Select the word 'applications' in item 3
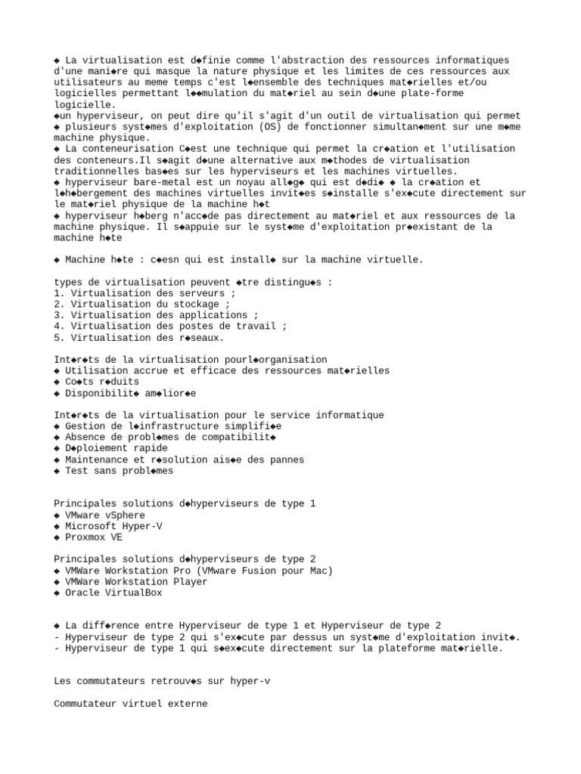(218, 315)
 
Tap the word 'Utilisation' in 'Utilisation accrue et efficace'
(95, 371)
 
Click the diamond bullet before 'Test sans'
(57, 471)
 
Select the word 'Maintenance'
(95, 460)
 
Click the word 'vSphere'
(126, 515)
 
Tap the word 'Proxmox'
(85, 537)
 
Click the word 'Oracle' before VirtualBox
(82, 593)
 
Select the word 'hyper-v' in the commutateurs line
(250, 681)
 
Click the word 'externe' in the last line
(188, 704)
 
